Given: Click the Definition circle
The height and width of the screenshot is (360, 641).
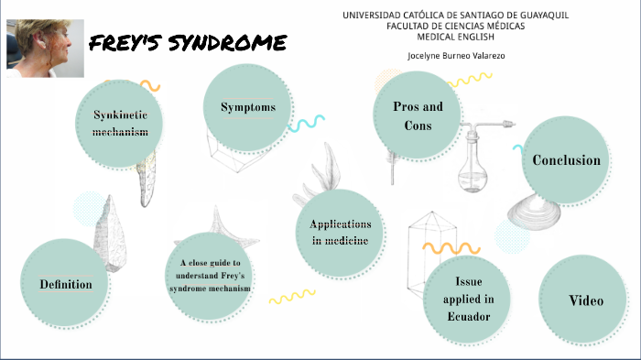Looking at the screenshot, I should click(x=65, y=284).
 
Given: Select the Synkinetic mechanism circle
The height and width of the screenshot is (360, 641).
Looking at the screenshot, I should click(x=120, y=124).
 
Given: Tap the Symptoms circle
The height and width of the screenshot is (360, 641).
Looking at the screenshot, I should click(x=248, y=108).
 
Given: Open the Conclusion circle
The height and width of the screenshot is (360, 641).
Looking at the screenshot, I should click(x=566, y=160).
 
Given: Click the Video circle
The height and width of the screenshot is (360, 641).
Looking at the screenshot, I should click(x=585, y=300).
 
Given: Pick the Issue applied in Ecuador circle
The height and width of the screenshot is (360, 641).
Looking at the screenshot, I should click(x=469, y=299).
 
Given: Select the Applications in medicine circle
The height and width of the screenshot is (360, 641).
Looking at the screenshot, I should click(x=340, y=233).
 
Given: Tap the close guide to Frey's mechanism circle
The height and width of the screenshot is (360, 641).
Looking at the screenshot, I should click(x=210, y=276).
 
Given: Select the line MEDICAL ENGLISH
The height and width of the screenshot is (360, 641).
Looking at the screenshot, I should click(x=454, y=38).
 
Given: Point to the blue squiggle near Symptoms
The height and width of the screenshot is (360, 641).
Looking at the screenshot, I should click(x=308, y=124).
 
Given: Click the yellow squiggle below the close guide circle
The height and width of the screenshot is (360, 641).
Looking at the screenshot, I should click(x=292, y=297).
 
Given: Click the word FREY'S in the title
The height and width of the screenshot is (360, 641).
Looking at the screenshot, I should click(x=127, y=44).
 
